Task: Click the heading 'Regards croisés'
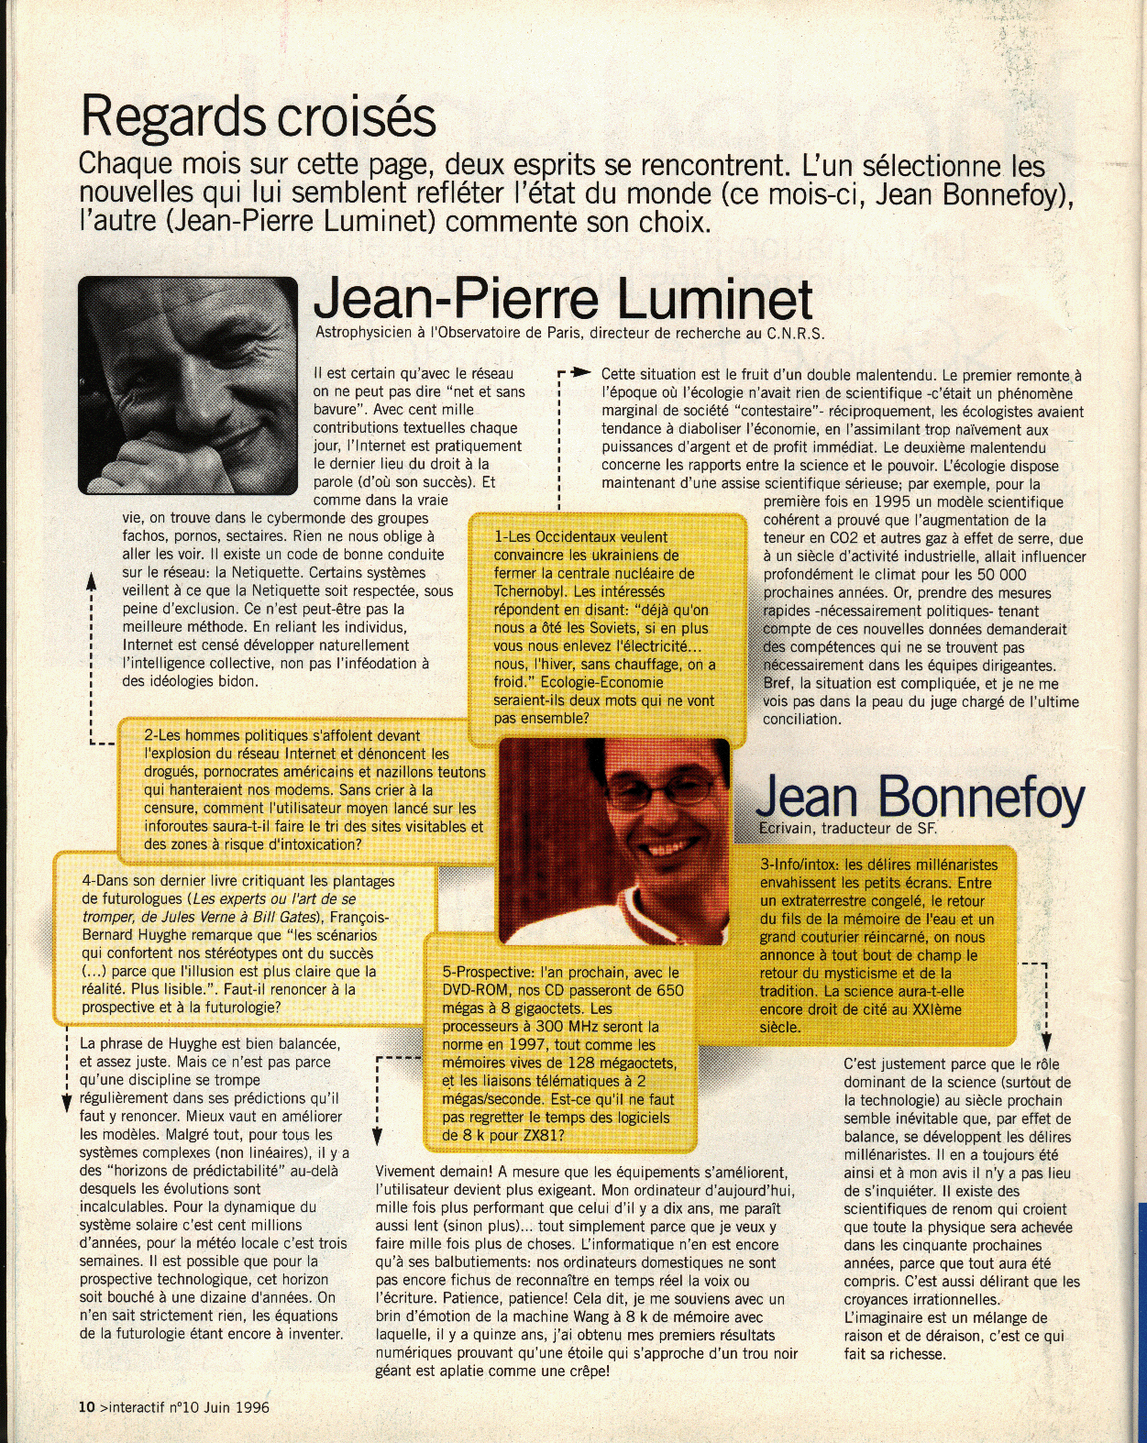[258, 117]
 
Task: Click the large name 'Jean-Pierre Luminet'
[563, 298]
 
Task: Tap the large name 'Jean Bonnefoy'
[920, 797]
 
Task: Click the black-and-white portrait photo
[188, 385]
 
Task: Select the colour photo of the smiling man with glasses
[614, 841]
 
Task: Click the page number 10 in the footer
[86, 1407]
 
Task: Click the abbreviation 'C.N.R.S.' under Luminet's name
[795, 334]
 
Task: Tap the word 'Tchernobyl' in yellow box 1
[534, 591]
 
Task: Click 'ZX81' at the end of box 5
[546, 1135]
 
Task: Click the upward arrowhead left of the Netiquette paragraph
[91, 580]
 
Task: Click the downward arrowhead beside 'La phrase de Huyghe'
[67, 1103]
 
